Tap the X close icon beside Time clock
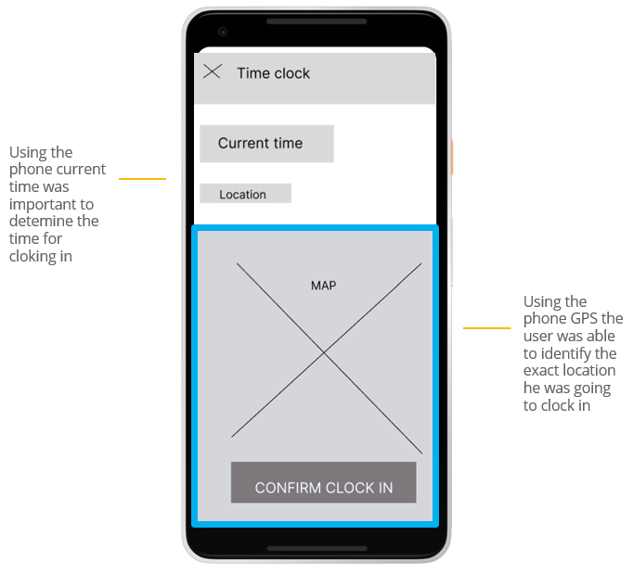[x=212, y=71]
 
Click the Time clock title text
[x=273, y=73]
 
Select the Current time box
[x=266, y=144]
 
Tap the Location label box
[x=245, y=194]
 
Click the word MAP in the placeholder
[x=323, y=286]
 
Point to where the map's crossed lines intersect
[x=325, y=353]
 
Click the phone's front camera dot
[x=223, y=32]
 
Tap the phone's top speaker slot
[x=316, y=20]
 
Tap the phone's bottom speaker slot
[x=316, y=548]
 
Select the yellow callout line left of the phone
[x=142, y=178]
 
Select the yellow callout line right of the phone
[x=486, y=327]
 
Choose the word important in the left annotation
[x=40, y=204]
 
